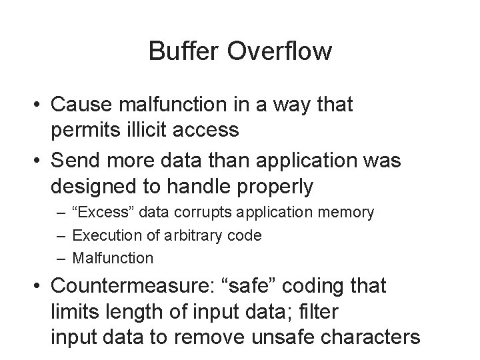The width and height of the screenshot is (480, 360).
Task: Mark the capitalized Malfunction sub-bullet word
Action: tap(112, 257)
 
